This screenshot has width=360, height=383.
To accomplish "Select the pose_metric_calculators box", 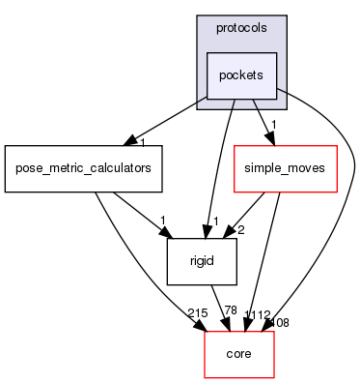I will [x=82, y=168].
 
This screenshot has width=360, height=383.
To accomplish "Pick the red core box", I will [x=238, y=353].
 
